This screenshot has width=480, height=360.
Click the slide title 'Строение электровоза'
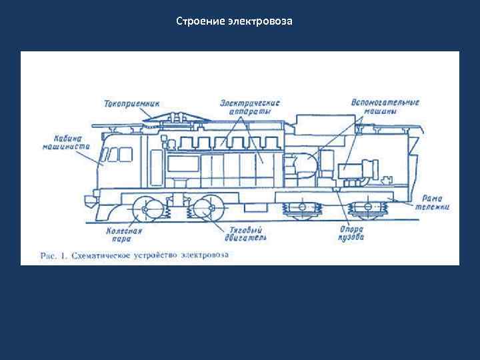click(x=234, y=22)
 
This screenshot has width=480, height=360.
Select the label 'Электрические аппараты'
click(x=250, y=107)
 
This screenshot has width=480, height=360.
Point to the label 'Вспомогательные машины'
click(x=384, y=107)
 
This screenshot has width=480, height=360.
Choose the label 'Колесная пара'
click(x=124, y=233)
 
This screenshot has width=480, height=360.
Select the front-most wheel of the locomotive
click(x=145, y=209)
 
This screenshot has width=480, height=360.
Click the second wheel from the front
click(x=208, y=209)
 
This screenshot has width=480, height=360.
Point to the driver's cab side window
click(x=117, y=155)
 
